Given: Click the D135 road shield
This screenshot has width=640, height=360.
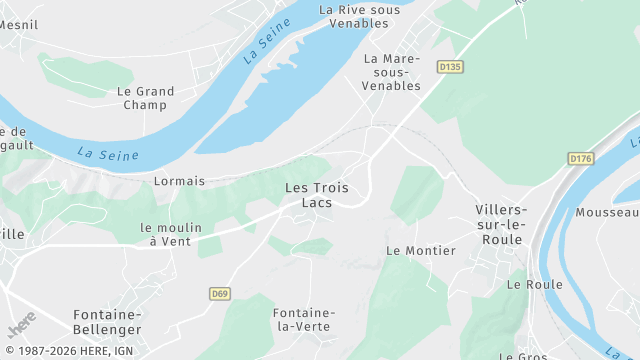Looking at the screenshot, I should [451, 67].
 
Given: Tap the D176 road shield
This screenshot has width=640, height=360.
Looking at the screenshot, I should [580, 158].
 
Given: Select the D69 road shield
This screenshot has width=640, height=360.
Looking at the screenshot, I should [221, 293].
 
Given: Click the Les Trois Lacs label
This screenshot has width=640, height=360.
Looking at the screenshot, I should [310, 195].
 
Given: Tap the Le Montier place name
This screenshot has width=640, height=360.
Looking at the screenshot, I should [421, 250].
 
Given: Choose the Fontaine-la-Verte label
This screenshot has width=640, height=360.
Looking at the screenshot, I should [304, 320].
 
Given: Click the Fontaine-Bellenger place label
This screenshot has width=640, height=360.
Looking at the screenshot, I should [106, 321].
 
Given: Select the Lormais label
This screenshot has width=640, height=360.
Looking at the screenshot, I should [179, 181].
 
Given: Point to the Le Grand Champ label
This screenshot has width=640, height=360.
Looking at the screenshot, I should [145, 98].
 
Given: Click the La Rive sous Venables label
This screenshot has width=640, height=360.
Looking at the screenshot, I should [359, 16].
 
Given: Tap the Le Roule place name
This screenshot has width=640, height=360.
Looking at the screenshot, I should [534, 284].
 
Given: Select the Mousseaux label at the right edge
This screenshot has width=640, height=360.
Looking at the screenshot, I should [607, 213].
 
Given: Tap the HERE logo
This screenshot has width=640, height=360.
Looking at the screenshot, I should [21, 326].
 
